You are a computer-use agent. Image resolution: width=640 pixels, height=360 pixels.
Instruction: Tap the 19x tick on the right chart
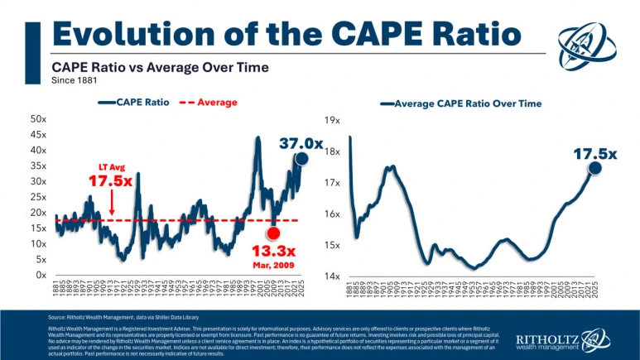[333, 120]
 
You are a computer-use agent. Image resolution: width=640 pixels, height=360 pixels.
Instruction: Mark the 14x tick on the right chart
[333, 276]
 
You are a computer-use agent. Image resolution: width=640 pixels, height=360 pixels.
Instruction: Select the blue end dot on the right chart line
[594, 168]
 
